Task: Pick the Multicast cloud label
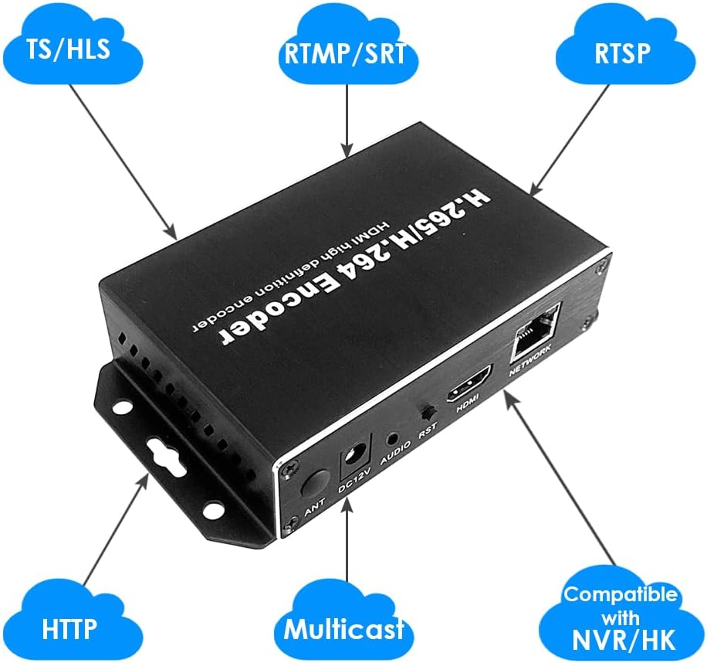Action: click(x=344, y=627)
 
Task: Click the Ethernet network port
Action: click(x=535, y=330)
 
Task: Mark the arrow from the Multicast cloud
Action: click(x=347, y=541)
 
